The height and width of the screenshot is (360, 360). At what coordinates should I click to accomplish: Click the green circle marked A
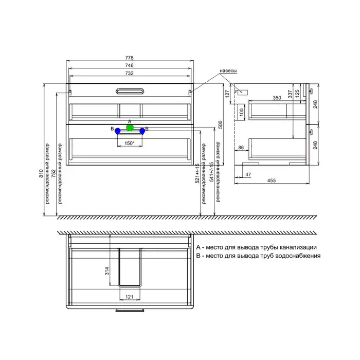(x=130, y=128)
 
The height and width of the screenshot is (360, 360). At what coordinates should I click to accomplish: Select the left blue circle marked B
(x=118, y=131)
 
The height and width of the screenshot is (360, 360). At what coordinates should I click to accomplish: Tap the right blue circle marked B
(x=142, y=131)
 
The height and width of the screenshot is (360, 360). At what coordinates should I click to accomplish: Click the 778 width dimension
(x=129, y=58)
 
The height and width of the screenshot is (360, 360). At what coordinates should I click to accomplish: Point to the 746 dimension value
(x=129, y=65)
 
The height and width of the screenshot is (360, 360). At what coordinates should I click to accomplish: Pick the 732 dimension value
(x=129, y=73)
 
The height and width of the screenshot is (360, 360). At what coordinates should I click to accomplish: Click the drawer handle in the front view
(x=130, y=92)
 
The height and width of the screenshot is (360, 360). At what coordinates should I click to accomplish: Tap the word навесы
(x=228, y=71)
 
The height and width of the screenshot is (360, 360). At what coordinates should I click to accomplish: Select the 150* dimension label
(x=130, y=143)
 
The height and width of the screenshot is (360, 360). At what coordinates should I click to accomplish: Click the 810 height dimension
(x=41, y=173)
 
